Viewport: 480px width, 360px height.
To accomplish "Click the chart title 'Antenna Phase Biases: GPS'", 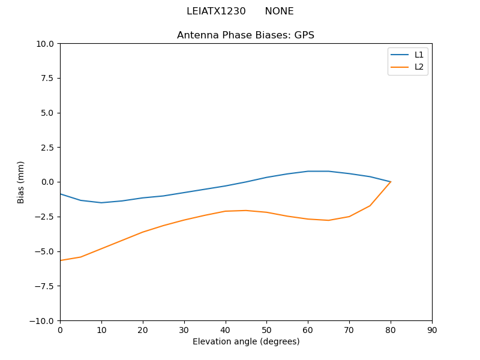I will coord(245,35).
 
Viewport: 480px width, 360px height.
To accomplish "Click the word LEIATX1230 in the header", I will coord(216,11).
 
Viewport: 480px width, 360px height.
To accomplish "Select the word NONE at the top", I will coord(279,11).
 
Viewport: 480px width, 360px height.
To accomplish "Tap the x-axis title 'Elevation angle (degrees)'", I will coord(246,342).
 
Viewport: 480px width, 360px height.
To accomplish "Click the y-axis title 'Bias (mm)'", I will coord(21,182).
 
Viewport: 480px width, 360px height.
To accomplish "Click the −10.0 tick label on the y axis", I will coord(43,320).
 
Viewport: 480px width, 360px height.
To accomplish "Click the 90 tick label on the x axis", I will coord(432,330).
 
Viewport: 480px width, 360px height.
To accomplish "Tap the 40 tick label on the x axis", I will coord(225,330).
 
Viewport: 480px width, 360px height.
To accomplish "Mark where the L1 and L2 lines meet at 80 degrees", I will coord(391,182).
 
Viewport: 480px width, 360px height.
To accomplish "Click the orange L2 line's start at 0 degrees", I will coord(61,260).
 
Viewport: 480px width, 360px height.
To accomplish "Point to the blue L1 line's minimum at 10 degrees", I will coord(101,203).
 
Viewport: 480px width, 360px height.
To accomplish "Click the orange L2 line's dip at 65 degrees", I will coord(328,220).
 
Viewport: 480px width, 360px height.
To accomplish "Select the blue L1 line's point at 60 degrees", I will coord(308,171).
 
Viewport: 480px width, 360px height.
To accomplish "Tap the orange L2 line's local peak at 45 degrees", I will coord(246,211).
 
